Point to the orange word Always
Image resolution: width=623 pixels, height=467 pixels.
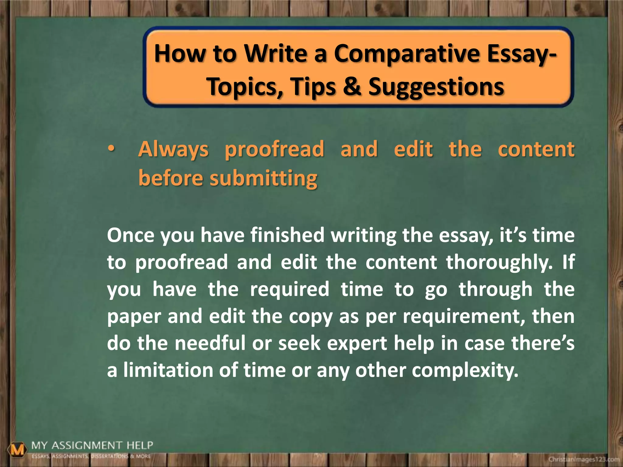click(173, 150)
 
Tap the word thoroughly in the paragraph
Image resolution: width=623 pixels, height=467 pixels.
click(499, 263)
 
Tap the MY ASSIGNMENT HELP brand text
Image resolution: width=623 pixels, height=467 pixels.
click(92, 446)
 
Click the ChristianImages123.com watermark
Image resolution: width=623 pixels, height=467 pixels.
click(584, 459)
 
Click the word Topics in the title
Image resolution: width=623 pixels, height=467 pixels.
click(245, 87)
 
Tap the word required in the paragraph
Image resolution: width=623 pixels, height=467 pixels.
click(289, 289)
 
